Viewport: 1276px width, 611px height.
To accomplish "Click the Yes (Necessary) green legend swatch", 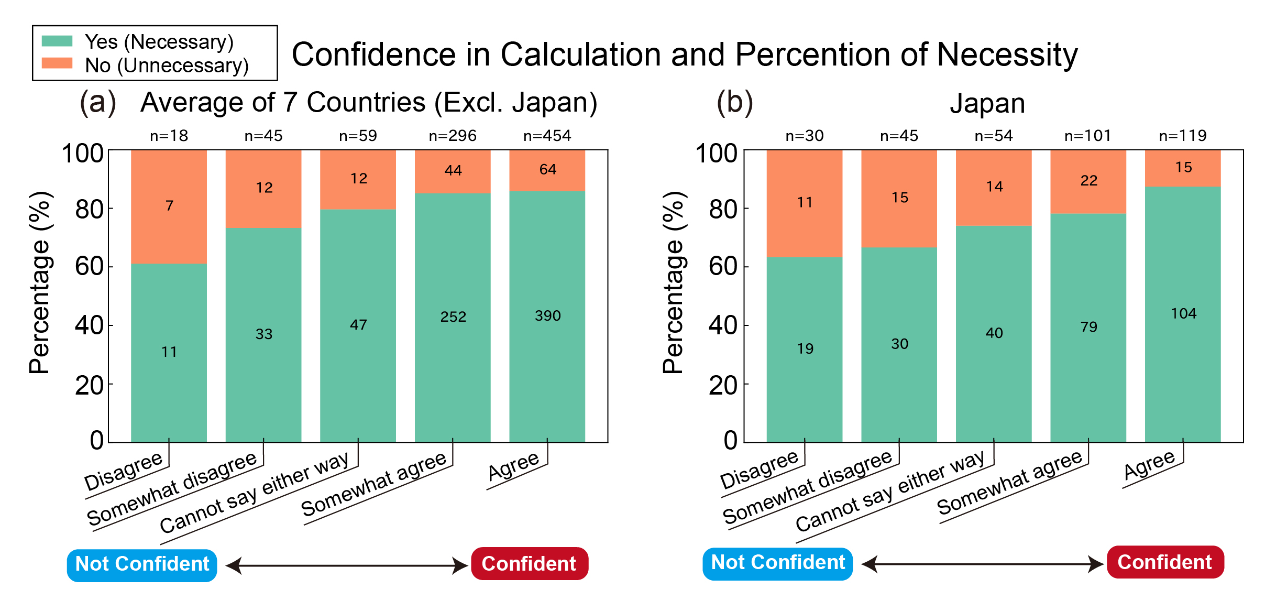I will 57,41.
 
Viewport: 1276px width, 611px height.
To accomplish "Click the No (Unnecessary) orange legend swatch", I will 57,63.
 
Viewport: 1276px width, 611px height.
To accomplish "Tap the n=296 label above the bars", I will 453,136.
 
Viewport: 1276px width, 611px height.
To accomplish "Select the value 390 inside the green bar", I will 547,315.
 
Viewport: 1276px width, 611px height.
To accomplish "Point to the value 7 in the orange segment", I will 169,205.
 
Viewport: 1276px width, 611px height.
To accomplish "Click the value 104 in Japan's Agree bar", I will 1183,313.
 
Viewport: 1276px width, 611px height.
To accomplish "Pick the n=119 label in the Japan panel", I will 1183,136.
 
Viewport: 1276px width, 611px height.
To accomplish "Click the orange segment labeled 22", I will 1088,181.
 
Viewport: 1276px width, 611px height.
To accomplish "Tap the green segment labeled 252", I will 453,317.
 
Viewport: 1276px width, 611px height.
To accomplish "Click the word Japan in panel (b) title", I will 987,103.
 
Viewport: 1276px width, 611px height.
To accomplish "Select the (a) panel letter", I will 98,102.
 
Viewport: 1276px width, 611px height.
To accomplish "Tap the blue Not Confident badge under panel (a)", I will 142,564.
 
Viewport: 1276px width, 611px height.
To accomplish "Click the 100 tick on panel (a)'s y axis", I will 82,154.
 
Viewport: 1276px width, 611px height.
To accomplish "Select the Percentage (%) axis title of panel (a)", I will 40,283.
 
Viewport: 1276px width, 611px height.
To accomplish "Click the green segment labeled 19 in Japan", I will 805,348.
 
